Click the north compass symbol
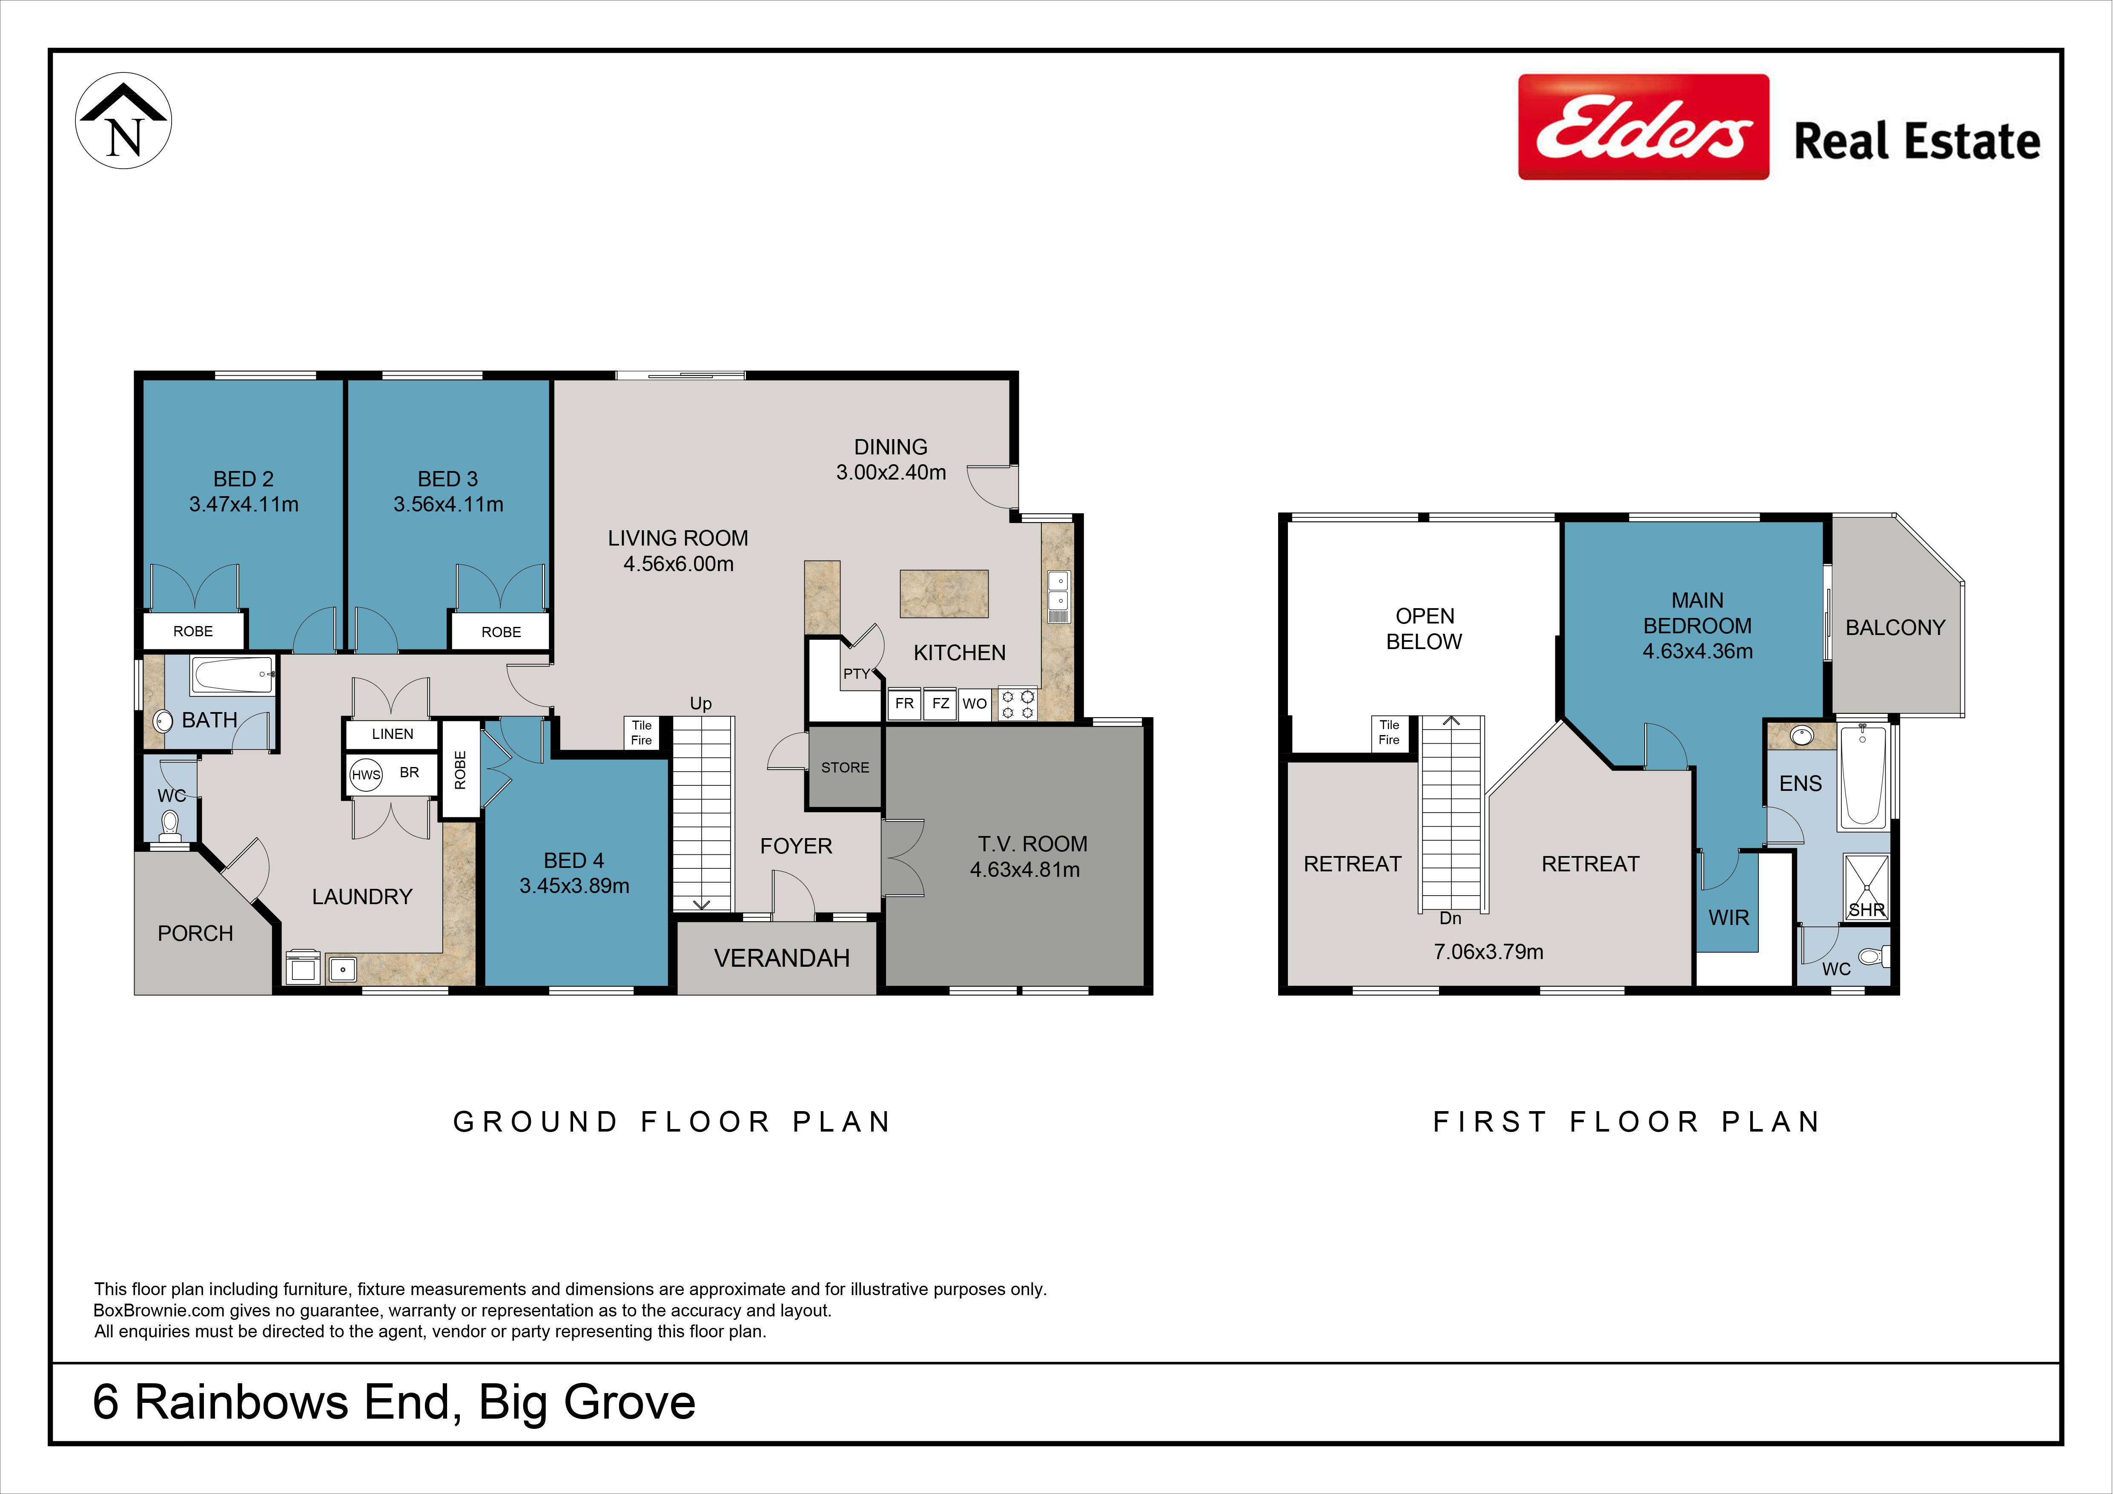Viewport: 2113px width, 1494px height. coord(123,121)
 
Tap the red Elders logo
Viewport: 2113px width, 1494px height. coord(1643,127)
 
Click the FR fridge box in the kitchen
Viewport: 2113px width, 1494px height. coord(905,703)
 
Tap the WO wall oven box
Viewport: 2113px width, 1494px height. coord(975,703)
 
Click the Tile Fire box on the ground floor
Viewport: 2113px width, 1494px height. coord(642,733)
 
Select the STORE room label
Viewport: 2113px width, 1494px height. coord(845,768)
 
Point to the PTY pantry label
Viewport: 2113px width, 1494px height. coord(856,674)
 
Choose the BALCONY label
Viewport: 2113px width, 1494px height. coord(1895,628)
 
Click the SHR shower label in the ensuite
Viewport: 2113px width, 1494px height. coord(1866,909)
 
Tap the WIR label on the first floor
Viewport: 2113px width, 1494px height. coord(1728,918)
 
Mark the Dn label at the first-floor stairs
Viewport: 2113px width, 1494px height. coord(1451,918)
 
